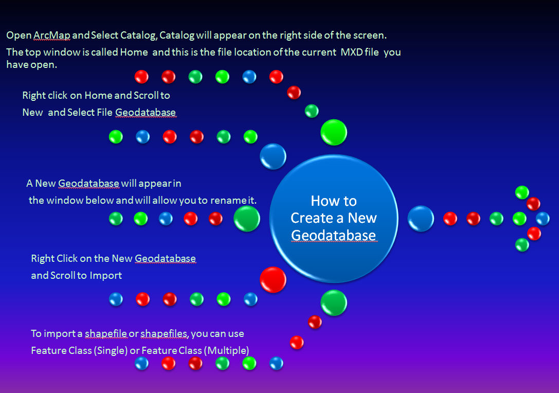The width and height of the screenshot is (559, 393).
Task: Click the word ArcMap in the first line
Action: click(51, 35)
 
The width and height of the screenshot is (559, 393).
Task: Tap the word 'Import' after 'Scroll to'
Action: click(106, 275)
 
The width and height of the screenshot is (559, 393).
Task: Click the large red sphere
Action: click(273, 279)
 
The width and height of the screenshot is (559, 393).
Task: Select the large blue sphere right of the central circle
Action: click(421, 218)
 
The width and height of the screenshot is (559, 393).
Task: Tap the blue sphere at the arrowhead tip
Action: click(543, 219)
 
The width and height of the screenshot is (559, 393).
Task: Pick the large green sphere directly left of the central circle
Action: click(247, 219)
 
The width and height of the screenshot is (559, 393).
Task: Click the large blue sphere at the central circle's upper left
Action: click(273, 156)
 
